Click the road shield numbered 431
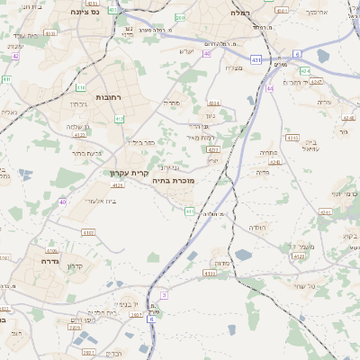(x=256, y=59)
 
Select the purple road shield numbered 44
(x=270, y=89)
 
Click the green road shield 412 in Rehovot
(x=120, y=118)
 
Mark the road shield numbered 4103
(x=88, y=232)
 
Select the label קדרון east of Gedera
(x=77, y=266)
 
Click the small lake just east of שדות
(x=243, y=256)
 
